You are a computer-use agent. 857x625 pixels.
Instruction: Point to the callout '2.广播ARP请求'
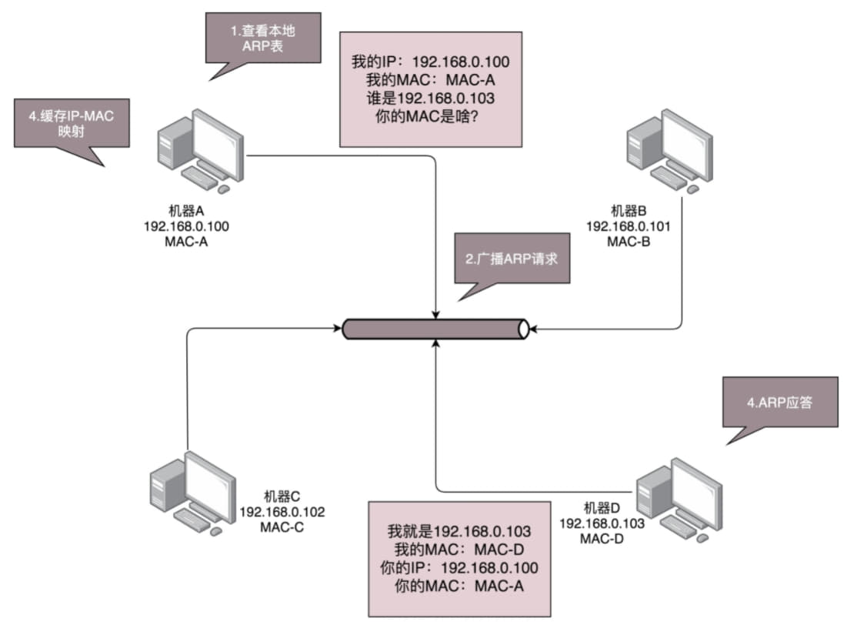[x=511, y=259]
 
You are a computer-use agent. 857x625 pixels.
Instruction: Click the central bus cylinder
[x=435, y=329]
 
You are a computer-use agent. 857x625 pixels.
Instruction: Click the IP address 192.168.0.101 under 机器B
[x=629, y=226]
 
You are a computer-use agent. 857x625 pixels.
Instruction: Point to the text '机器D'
[x=602, y=508]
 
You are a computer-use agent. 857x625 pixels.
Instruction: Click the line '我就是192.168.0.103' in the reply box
[x=459, y=532]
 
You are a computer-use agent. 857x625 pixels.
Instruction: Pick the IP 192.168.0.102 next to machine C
[x=282, y=512]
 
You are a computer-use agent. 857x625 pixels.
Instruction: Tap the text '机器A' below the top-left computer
[x=186, y=209]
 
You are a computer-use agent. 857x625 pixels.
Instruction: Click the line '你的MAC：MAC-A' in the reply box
[x=459, y=585]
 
